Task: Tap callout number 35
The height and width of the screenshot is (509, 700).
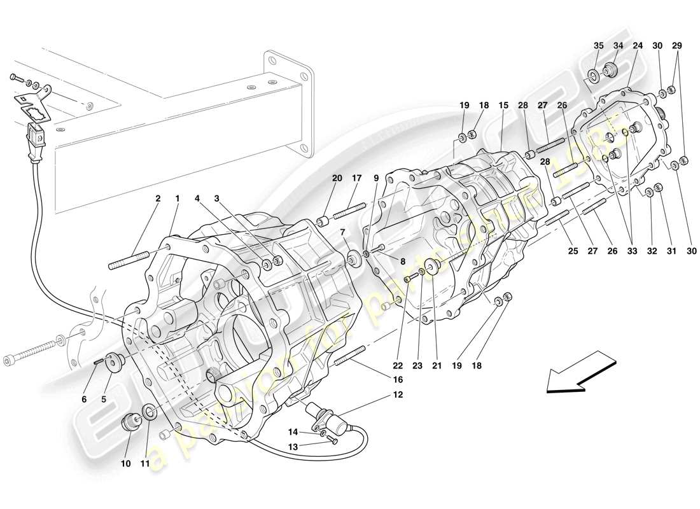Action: click(598, 46)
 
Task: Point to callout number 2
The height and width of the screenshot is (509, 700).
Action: click(158, 199)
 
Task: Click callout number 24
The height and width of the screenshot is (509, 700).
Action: click(637, 46)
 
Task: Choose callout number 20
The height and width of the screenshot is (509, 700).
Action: click(337, 178)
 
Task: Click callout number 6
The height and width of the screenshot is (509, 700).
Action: click(83, 400)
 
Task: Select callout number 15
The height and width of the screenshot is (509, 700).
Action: click(503, 105)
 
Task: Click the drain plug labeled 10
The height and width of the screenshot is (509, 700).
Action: click(132, 422)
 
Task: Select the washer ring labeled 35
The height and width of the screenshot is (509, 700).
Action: click(593, 78)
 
